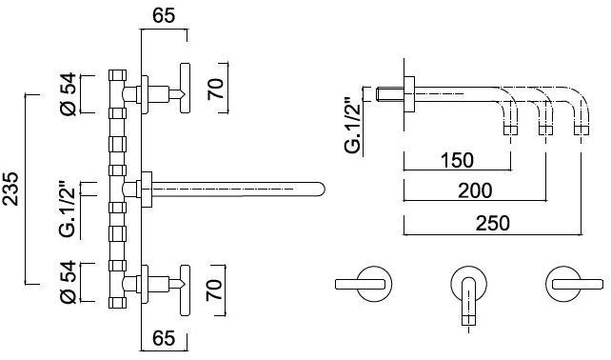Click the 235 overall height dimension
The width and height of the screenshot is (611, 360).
pos(10,189)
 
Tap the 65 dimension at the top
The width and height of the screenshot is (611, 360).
pos(164,16)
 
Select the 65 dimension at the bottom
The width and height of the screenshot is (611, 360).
pos(164,338)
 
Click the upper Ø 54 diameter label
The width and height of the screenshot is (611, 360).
pos(68,94)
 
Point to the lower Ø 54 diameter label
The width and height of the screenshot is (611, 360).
pos(68,283)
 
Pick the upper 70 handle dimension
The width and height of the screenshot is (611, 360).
pos(216,89)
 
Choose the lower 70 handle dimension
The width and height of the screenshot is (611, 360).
pos(214,290)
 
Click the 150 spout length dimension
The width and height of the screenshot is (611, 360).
pos(457,160)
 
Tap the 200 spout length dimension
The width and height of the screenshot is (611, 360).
pos(475,190)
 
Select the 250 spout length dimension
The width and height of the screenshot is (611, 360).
pos(493,224)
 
